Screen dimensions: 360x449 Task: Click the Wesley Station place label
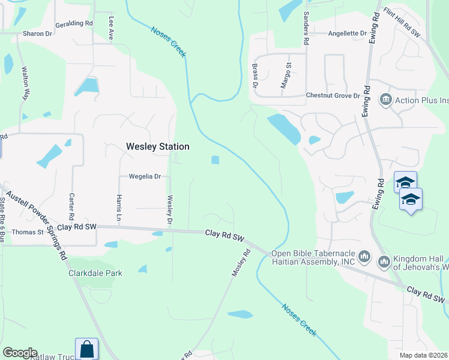157,146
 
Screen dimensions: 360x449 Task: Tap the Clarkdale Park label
95,273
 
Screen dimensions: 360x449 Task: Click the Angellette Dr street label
347,33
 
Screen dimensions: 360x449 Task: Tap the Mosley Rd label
241,263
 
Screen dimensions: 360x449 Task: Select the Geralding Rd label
74,23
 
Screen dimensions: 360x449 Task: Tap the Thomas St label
28,232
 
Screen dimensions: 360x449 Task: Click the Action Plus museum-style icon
385,99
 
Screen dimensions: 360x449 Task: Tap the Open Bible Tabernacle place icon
364,258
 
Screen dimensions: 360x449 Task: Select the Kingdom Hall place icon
383,262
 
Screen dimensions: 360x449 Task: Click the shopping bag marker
86,349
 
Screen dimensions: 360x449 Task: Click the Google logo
19,353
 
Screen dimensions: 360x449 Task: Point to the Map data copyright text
423,355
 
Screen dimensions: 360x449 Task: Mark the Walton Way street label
26,83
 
